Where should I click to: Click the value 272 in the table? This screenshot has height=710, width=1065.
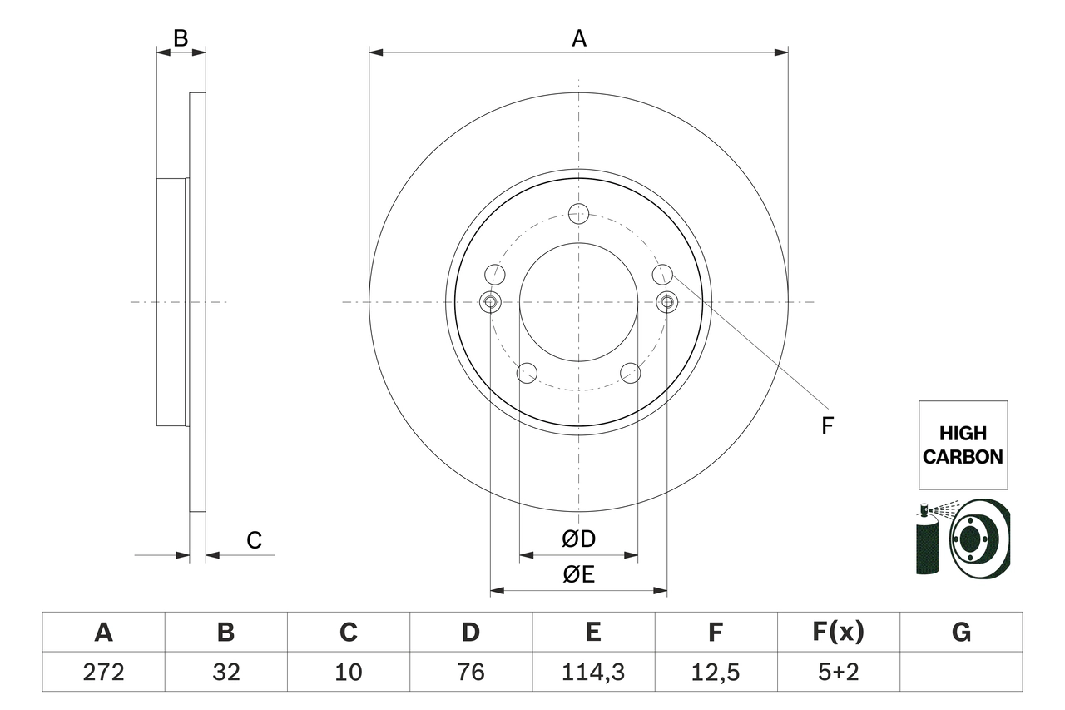coord(103,672)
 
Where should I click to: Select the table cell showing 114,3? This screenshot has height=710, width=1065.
coord(592,672)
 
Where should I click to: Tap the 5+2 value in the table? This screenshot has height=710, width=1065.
coord(838,672)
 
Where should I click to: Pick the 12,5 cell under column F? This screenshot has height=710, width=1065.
coord(715,672)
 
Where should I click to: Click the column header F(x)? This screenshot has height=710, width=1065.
coord(838,633)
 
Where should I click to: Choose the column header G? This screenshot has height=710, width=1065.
coord(961,633)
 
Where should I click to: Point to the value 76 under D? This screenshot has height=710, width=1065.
coord(470,672)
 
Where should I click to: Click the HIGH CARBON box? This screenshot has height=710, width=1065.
coord(963,445)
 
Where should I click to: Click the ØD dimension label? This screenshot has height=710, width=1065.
coord(578,539)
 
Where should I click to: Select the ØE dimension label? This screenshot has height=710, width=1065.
coord(578,575)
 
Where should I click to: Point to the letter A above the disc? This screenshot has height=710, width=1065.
coord(578,37)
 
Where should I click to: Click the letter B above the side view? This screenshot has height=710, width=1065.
coord(181,37)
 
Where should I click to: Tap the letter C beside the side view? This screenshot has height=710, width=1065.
coord(254,541)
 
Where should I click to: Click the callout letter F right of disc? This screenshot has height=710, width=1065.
coord(826,426)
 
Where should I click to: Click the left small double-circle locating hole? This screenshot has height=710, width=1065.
coord(490,302)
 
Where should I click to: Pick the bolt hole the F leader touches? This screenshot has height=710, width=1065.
coord(662,273)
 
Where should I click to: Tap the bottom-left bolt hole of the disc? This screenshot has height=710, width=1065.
coord(527,373)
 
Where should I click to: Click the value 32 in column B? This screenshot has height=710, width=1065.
coord(225,672)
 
